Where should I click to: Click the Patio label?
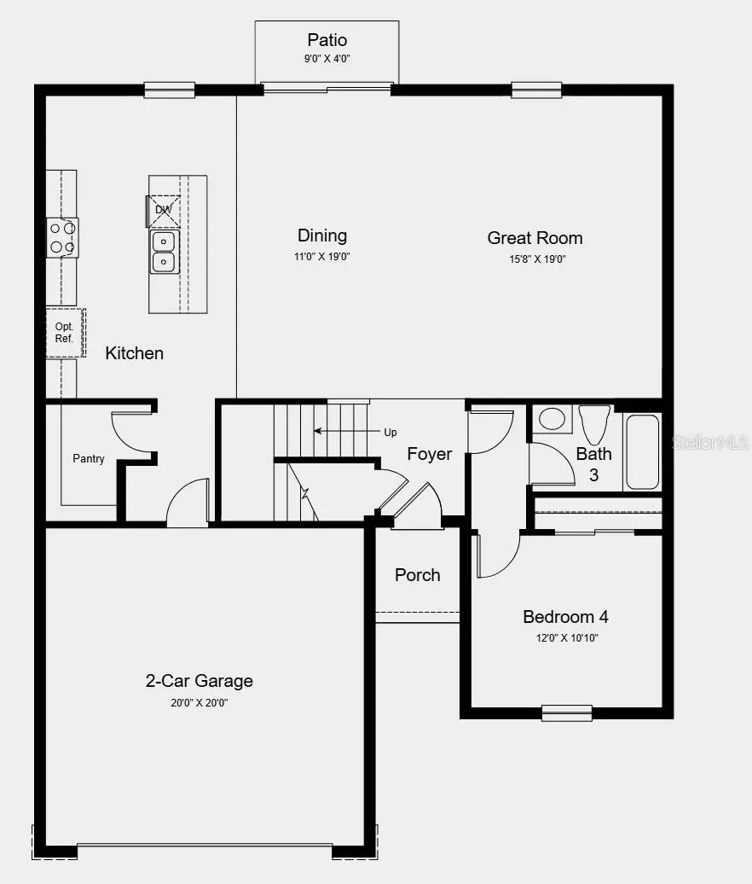pos(327,40)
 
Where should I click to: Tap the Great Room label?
pos(535,238)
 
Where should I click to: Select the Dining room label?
pos(322,236)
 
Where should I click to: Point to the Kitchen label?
pos(134,353)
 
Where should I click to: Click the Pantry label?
pos(89,459)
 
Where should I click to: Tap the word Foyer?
pos(429,454)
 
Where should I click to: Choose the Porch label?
pos(418,575)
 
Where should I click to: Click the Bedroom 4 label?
pos(565,617)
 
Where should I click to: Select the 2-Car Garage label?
pos(199,681)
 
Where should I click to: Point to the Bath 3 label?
pos(593,464)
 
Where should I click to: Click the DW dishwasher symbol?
pos(162,209)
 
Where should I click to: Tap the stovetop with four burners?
pos(62,237)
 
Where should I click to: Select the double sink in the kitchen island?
pos(163,252)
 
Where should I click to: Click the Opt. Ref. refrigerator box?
pos(65,333)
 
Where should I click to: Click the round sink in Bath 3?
pos(552,418)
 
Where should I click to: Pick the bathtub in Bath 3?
pos(642,452)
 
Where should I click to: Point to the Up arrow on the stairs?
pos(341,432)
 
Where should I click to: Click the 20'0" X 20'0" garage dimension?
pos(199,703)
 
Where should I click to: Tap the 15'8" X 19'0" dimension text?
pos(535,259)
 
